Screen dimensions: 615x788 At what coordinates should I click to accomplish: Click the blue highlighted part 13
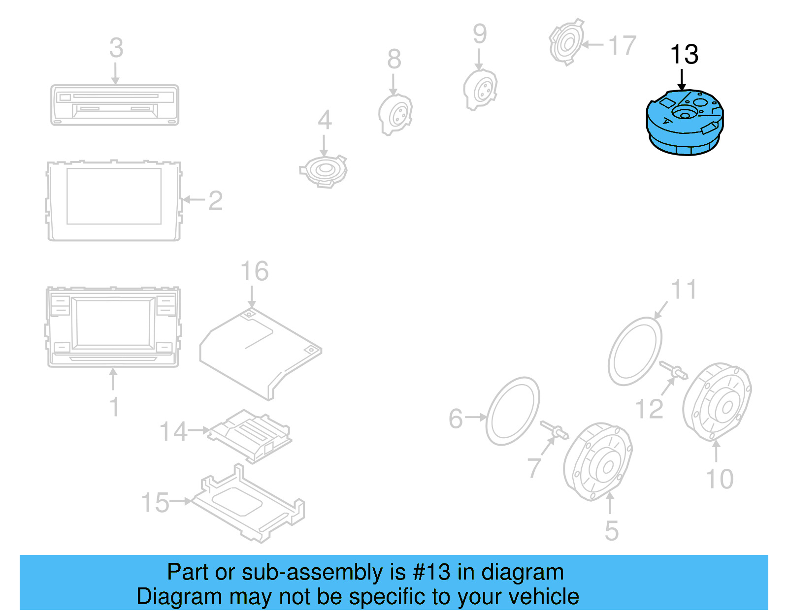click(x=685, y=123)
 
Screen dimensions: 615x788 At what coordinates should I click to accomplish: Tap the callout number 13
click(x=684, y=55)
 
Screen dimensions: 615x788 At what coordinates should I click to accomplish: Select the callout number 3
click(x=116, y=48)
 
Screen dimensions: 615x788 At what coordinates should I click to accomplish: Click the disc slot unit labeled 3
click(x=115, y=105)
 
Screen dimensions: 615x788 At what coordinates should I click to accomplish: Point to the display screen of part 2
click(x=114, y=196)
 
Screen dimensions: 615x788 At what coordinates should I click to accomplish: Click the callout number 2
click(x=215, y=201)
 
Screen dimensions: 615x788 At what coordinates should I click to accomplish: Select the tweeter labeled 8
click(x=395, y=114)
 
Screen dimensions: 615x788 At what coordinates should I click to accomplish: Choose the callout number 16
click(x=254, y=271)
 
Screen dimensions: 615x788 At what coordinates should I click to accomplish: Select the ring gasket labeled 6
click(x=512, y=411)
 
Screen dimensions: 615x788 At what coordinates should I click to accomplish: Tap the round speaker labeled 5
click(x=597, y=462)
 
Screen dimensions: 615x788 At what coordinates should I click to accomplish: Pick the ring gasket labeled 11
click(x=635, y=352)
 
